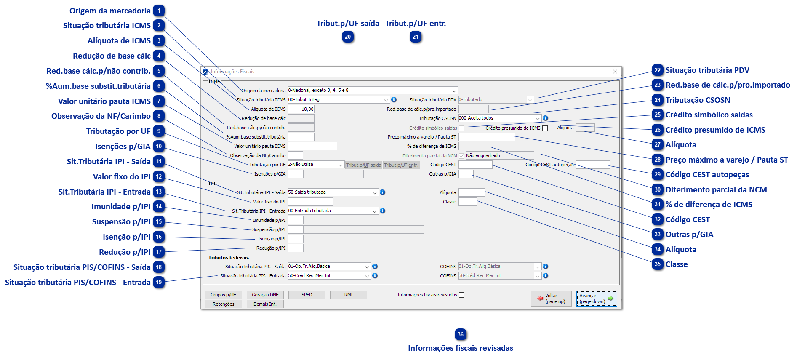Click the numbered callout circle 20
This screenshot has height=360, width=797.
[348, 37]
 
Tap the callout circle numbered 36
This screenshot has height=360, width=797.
[461, 335]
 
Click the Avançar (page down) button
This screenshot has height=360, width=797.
[596, 299]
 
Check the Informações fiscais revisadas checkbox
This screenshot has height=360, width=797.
[462, 295]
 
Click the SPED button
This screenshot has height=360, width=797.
[307, 295]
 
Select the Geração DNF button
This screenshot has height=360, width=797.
[265, 295]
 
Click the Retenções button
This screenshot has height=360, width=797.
[223, 304]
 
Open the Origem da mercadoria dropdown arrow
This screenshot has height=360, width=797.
[454, 91]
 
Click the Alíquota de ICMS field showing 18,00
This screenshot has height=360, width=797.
[301, 109]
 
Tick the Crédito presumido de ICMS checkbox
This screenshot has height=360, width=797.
[545, 128]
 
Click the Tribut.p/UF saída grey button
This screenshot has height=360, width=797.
[363, 165]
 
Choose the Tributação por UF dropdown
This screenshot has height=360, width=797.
[316, 165]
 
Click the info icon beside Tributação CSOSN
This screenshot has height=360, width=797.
[545, 118]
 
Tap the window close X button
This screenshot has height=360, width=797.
[615, 72]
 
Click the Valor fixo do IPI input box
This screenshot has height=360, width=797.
[310, 202]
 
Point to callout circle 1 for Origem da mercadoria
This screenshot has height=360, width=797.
[159, 11]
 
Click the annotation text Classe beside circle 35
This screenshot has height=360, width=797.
[677, 264]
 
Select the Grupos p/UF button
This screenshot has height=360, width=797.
[223, 295]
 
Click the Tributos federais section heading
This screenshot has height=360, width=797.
[229, 258]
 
